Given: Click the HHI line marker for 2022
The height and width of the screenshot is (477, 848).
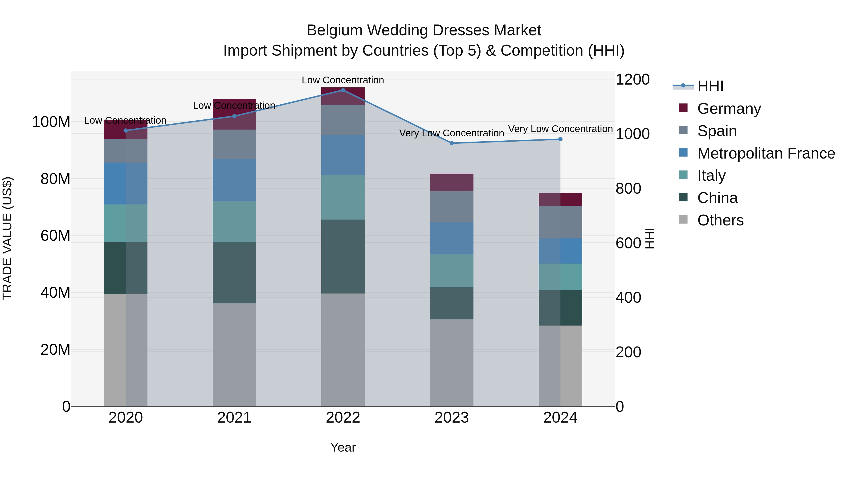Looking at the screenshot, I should pyautogui.click(x=343, y=90).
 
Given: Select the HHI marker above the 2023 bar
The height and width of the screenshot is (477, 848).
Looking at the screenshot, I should pyautogui.click(x=452, y=143).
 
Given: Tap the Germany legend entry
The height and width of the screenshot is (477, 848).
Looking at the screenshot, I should pyautogui.click(x=729, y=109).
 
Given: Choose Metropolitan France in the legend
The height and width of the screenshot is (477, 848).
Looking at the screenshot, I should pyautogui.click(x=766, y=153).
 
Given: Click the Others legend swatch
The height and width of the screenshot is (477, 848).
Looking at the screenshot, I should pyautogui.click(x=683, y=220).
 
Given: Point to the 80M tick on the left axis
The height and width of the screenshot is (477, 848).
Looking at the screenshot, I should pyautogui.click(x=55, y=179).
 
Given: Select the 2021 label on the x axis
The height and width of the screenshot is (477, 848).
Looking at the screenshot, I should pyautogui.click(x=234, y=418).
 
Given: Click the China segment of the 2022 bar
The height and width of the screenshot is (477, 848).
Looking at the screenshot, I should pyautogui.click(x=343, y=257).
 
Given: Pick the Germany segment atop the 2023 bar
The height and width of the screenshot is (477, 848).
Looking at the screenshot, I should pyautogui.click(x=452, y=182).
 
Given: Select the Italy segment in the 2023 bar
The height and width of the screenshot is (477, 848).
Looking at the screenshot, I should pyautogui.click(x=452, y=271).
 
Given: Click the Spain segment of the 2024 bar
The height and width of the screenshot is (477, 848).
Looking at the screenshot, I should pyautogui.click(x=560, y=222).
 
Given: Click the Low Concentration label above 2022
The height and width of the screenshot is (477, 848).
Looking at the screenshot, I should pyautogui.click(x=343, y=80).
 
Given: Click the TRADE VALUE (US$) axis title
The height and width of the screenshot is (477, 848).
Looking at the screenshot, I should pyautogui.click(x=7, y=238).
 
